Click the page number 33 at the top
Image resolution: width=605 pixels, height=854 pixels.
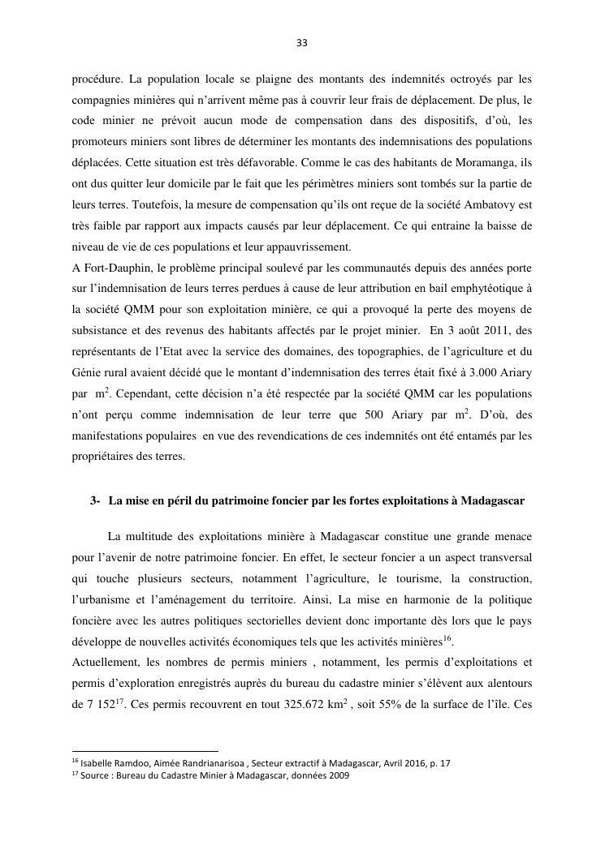302,43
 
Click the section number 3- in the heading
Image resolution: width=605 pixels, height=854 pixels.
96,501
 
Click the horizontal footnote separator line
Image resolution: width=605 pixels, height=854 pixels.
145,751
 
